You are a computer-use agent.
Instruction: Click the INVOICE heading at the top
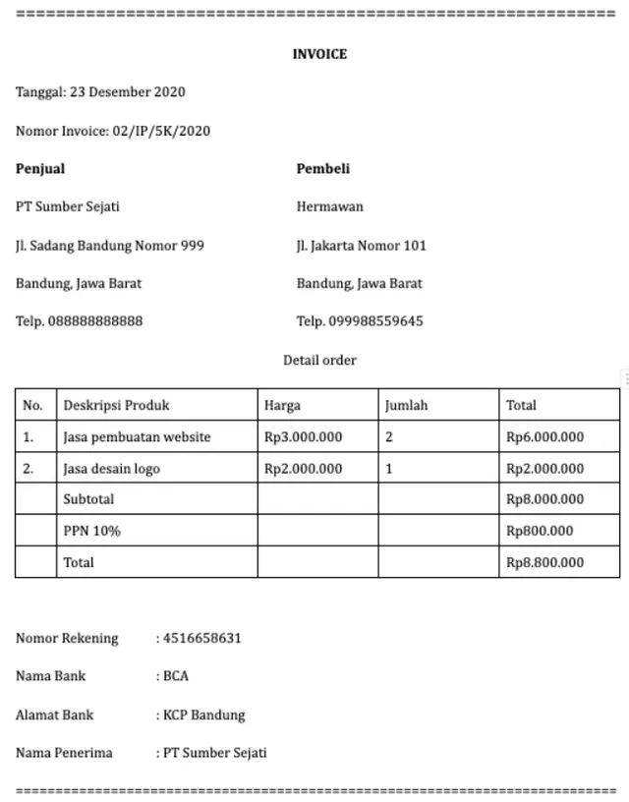pyautogui.click(x=319, y=54)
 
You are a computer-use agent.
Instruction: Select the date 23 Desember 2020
pyautogui.click(x=127, y=92)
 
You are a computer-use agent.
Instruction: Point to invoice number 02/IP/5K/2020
pyautogui.click(x=161, y=131)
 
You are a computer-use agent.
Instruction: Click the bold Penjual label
pyautogui.click(x=40, y=169)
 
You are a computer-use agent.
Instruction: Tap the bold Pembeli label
pyautogui.click(x=323, y=169)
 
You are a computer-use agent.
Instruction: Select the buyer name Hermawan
pyautogui.click(x=330, y=207)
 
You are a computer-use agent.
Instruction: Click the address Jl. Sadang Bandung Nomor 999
pyautogui.click(x=110, y=246)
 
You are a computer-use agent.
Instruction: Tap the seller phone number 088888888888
pyautogui.click(x=95, y=321)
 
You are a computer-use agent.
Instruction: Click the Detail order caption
pyautogui.click(x=319, y=360)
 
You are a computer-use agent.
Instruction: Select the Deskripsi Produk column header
pyautogui.click(x=117, y=405)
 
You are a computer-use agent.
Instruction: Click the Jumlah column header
pyautogui.click(x=406, y=405)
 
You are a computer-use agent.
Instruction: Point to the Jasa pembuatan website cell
pyautogui.click(x=138, y=437)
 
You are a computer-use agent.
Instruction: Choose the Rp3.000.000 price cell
pyautogui.click(x=304, y=437)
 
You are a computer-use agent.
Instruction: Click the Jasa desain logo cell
pyautogui.click(x=112, y=469)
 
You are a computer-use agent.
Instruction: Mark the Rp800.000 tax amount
pyautogui.click(x=540, y=532)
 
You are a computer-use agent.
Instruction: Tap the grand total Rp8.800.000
pyautogui.click(x=544, y=563)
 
